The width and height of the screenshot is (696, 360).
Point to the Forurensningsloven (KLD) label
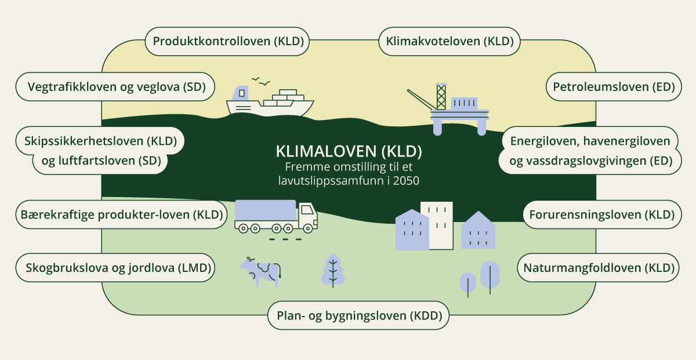click(601, 214)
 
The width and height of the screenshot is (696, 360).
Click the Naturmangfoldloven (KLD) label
click(599, 268)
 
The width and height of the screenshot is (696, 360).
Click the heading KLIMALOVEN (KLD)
click(348, 152)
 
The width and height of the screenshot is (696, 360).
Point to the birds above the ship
click(260, 82)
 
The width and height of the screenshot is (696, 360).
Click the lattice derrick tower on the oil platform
click(441, 96)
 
